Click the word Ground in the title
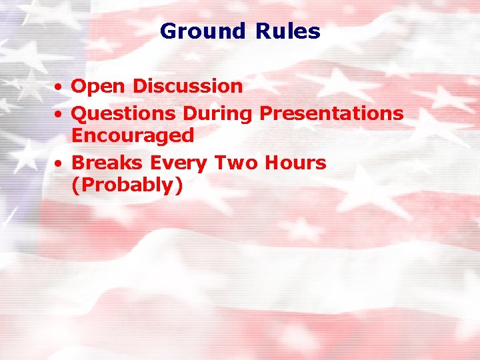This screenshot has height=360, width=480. [x=203, y=31]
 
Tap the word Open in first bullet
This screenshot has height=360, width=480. [x=99, y=87]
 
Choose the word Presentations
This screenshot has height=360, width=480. [x=331, y=113]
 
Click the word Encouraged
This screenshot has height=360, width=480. [x=132, y=136]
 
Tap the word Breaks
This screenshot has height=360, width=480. [x=107, y=163]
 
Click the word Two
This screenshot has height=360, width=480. [x=229, y=163]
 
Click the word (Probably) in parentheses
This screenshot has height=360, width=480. [x=127, y=185]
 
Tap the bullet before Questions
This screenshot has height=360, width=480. [x=59, y=115]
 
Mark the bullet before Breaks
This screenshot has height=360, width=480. [x=59, y=163]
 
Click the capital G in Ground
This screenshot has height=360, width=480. [x=168, y=31]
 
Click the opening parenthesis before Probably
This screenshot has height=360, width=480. [x=75, y=186]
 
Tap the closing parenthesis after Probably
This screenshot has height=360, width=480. [x=178, y=186]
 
